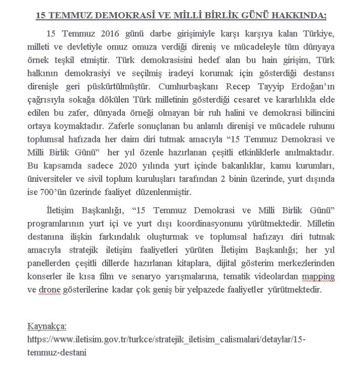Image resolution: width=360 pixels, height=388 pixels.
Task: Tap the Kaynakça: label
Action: [x=47, y=326]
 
